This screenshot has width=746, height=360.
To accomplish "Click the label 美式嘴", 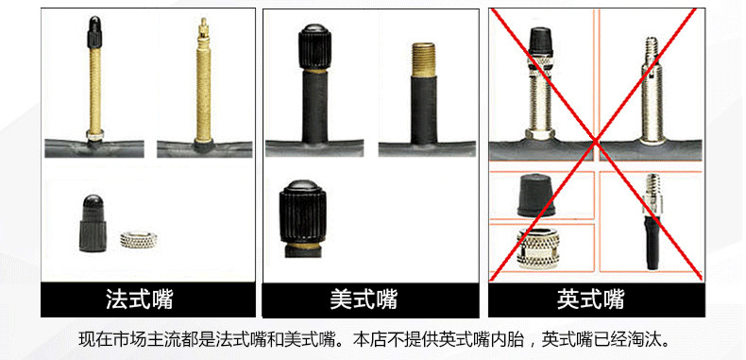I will (x=364, y=300).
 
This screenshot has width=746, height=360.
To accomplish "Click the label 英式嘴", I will (x=590, y=300).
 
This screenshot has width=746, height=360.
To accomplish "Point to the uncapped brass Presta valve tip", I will (x=203, y=38).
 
